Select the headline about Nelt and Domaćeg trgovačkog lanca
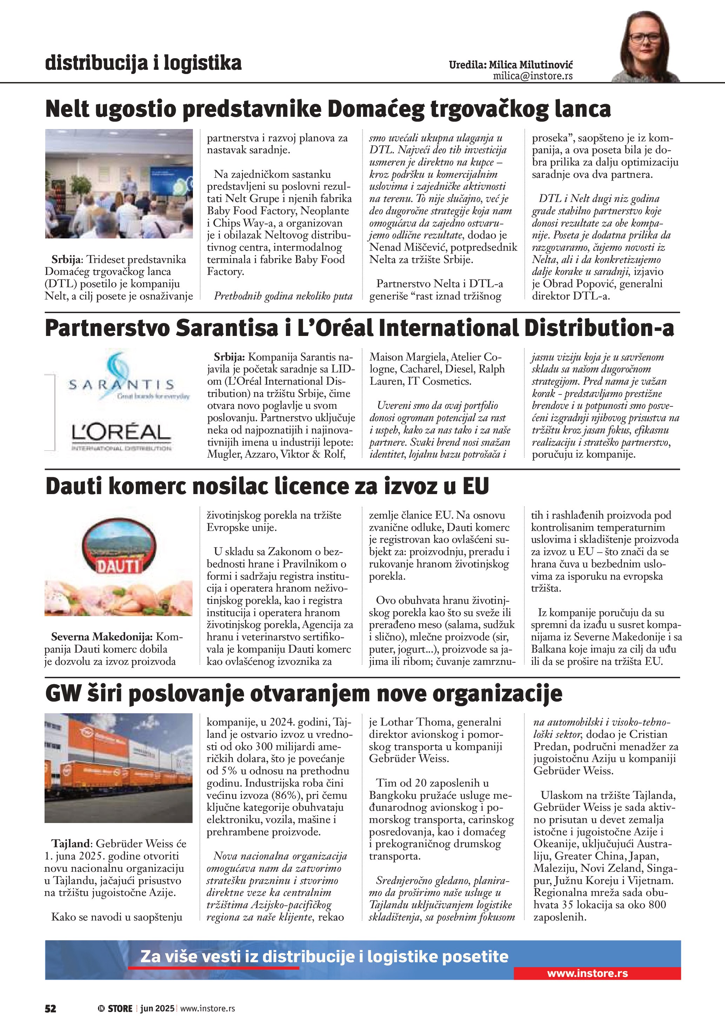(328, 109)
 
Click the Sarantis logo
(121, 377)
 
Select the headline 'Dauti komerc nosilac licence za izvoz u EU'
(267, 486)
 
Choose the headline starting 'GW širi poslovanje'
(303, 694)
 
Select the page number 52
(51, 1009)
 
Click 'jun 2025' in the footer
(157, 1009)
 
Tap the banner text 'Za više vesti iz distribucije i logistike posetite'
(324, 957)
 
